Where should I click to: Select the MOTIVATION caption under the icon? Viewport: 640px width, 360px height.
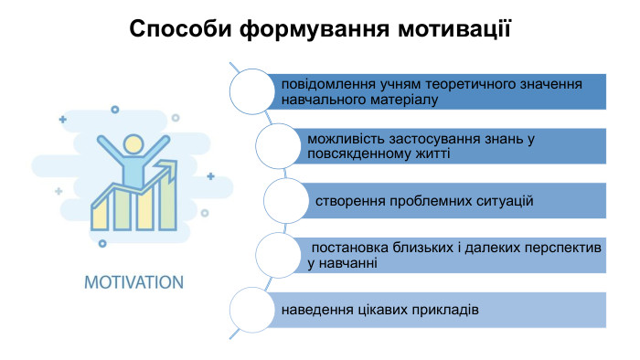(133, 281)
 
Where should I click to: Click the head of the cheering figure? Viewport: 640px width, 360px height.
(133, 143)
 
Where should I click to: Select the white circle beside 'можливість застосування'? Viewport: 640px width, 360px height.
(278, 145)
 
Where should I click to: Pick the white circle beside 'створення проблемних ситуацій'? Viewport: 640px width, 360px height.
(285, 199)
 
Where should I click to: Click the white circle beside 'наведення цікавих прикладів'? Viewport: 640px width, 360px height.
(250, 309)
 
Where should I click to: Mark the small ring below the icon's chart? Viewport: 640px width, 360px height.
(102, 243)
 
